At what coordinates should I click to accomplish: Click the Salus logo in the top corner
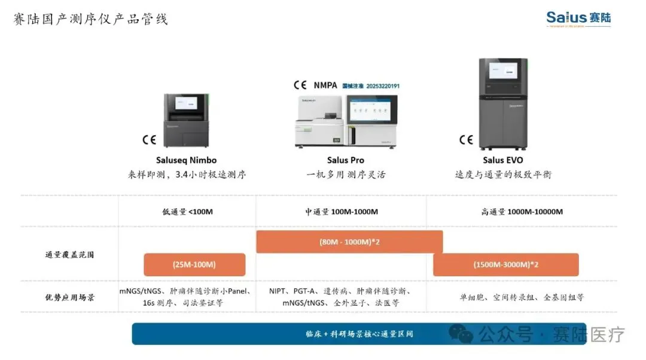(x=578, y=19)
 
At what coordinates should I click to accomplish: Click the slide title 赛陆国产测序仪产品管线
(x=91, y=19)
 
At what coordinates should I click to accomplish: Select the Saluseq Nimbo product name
(x=186, y=160)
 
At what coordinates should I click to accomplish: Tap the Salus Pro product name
(x=346, y=160)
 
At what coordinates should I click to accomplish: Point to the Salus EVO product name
(x=502, y=160)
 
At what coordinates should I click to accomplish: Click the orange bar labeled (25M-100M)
(x=194, y=264)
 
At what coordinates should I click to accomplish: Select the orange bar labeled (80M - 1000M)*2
(x=349, y=242)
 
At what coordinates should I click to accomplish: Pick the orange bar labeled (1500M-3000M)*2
(x=505, y=264)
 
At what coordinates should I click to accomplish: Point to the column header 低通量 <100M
(x=187, y=212)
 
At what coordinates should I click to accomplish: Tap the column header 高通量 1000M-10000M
(x=522, y=212)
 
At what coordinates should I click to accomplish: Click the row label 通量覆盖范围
(x=70, y=254)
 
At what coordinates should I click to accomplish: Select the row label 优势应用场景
(x=70, y=297)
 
